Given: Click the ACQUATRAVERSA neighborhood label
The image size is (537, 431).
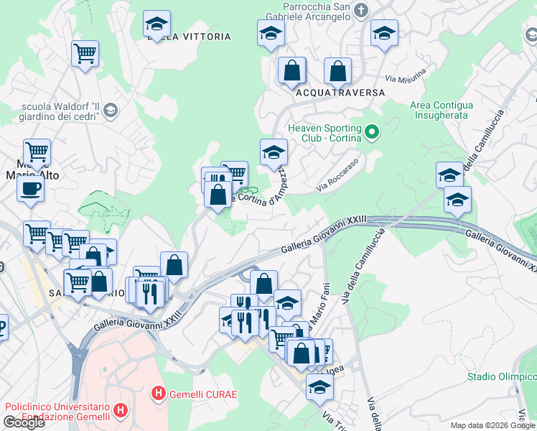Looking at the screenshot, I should pyautogui.click(x=340, y=93).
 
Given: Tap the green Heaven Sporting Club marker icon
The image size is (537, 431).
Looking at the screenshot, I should pyautogui.click(x=371, y=132).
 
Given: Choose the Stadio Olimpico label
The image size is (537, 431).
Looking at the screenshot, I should pyautogui.click(x=501, y=376).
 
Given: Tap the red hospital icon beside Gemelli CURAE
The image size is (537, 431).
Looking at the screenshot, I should pyautogui.click(x=158, y=394).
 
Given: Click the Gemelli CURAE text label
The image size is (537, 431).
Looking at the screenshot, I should pyautogui.click(x=202, y=394).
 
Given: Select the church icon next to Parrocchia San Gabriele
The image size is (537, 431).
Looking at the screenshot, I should pyautogui.click(x=361, y=10).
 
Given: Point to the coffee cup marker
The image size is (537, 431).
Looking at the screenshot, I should pyautogui.click(x=30, y=189).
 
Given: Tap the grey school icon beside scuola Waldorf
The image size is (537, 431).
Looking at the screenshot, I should pyautogui.click(x=111, y=110).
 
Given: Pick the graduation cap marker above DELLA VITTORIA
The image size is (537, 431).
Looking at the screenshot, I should pyautogui.click(x=157, y=24).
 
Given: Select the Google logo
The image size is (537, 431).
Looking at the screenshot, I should pyautogui.click(x=24, y=422).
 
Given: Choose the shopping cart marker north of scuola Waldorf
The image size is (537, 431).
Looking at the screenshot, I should pyautogui.click(x=85, y=53).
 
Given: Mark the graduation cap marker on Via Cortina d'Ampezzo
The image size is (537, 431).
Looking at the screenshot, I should pyautogui.click(x=274, y=152).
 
